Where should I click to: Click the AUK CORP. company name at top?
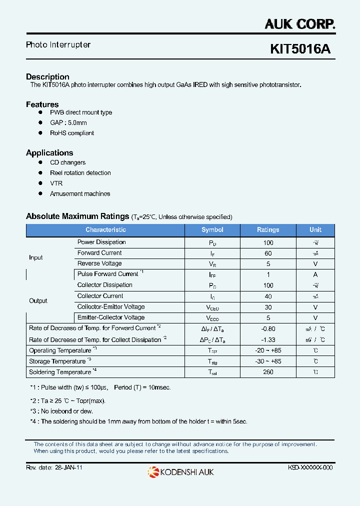[x=299, y=23]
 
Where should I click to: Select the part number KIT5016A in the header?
[x=300, y=49]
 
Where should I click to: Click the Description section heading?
[x=47, y=77]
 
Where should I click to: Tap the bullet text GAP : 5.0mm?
[x=68, y=123]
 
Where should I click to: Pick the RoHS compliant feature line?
[x=71, y=133]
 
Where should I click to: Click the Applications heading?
[x=49, y=153]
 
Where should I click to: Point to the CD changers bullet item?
[x=67, y=162]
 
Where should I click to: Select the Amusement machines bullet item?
[x=80, y=193]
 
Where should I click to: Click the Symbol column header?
[x=212, y=230]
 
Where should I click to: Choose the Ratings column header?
[x=268, y=230]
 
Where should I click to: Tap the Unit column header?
[x=315, y=230]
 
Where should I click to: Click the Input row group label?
[x=36, y=257]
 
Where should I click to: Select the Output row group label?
[x=38, y=301]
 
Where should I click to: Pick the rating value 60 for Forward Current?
[x=268, y=253]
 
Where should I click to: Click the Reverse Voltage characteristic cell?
[x=99, y=263]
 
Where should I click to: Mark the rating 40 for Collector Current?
[x=268, y=296]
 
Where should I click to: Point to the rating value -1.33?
[x=268, y=340]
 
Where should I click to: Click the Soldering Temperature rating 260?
[x=268, y=372]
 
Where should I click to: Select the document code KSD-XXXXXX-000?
[x=310, y=467]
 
